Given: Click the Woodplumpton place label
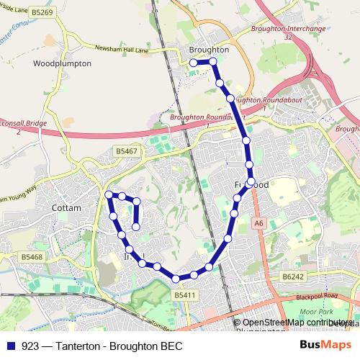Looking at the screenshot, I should click(63, 63).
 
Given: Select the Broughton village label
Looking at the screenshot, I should click(208, 50).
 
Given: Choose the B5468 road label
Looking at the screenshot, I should click(32, 256).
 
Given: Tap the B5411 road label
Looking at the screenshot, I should click(185, 295).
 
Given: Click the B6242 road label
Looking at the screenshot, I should click(294, 276).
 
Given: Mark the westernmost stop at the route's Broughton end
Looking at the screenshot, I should click(193, 63).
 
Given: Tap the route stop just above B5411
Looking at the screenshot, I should click(175, 279).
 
